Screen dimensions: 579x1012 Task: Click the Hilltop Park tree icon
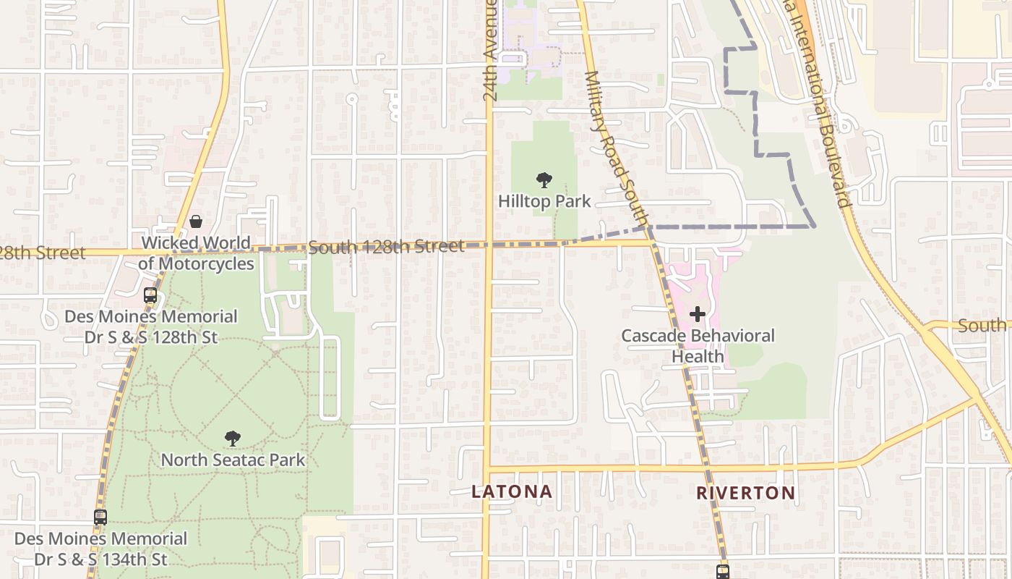point(544,180)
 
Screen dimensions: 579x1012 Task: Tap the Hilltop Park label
point(544,201)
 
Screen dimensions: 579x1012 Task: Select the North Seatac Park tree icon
point(232,439)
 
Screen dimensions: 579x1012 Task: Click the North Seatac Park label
point(233,460)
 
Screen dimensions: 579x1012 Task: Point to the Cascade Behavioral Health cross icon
point(698,314)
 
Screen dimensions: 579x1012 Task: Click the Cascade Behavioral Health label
point(698,346)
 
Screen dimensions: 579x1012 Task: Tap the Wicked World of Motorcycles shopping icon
point(196,221)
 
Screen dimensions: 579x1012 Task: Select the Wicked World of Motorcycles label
point(196,253)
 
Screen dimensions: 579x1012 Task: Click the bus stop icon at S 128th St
point(150,295)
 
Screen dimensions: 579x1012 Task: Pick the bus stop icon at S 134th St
point(100,517)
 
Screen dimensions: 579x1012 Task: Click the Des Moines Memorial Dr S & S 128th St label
point(150,327)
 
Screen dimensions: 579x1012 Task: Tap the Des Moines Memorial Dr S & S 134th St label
point(100,549)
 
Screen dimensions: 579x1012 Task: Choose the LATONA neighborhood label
point(512,492)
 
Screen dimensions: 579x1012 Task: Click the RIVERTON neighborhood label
point(745,494)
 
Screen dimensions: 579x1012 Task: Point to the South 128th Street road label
point(386,247)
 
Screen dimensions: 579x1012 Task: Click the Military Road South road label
point(615,148)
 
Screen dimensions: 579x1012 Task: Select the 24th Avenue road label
point(491,51)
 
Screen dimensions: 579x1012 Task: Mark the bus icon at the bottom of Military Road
point(722,572)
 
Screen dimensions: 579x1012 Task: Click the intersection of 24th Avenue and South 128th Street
point(488,245)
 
